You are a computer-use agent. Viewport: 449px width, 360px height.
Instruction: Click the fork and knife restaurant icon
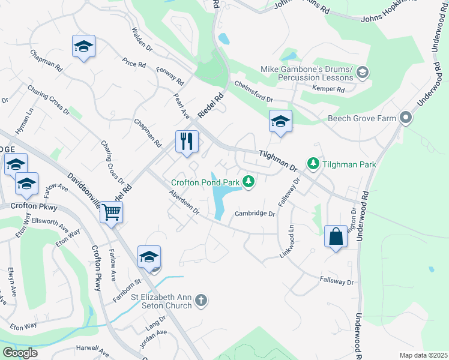pos(187,142)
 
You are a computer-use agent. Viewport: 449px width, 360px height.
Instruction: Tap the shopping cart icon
pos(112,212)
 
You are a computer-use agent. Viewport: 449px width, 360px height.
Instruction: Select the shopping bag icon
pos(336,236)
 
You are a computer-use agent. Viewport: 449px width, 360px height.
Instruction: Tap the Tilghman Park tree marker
pos(313,163)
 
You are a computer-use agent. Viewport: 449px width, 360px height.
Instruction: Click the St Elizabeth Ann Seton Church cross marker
pos(201,300)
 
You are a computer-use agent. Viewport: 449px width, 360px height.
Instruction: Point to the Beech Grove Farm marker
pos(406,118)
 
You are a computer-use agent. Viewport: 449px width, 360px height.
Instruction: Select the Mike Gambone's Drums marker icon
pos(362,73)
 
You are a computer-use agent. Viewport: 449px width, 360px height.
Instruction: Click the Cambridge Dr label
pos(255,214)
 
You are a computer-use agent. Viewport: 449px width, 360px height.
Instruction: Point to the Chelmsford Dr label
pos(253,92)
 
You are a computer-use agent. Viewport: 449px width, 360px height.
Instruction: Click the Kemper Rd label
pos(328,89)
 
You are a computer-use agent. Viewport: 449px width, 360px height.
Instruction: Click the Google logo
pos(20,353)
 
